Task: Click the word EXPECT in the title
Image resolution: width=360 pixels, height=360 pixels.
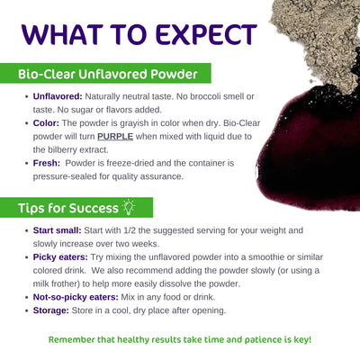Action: (206, 34)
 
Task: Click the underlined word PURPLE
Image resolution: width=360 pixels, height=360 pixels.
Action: (115, 137)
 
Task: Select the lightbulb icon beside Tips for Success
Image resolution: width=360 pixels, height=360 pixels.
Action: (129, 207)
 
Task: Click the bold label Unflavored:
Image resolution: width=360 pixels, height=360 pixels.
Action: (58, 96)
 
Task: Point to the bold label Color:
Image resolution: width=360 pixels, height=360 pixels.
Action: (46, 123)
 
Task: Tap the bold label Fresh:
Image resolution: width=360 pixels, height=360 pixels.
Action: (47, 163)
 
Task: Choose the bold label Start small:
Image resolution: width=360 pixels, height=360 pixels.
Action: (58, 230)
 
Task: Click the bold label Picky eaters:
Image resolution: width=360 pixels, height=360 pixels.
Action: (60, 257)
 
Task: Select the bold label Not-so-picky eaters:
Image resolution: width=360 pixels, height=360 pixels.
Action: (76, 297)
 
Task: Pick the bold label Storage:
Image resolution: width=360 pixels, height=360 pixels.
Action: (51, 310)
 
